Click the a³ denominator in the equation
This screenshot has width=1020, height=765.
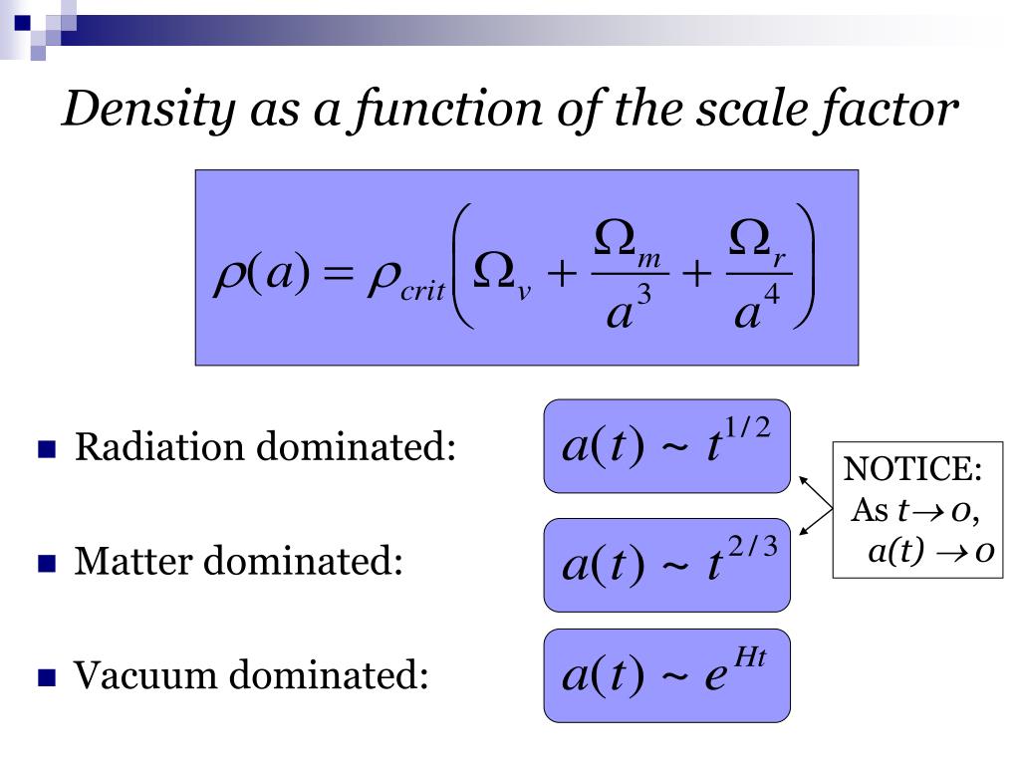coord(629,308)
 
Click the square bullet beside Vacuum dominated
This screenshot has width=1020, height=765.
coord(46,679)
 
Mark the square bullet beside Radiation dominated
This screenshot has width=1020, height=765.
coord(46,450)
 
